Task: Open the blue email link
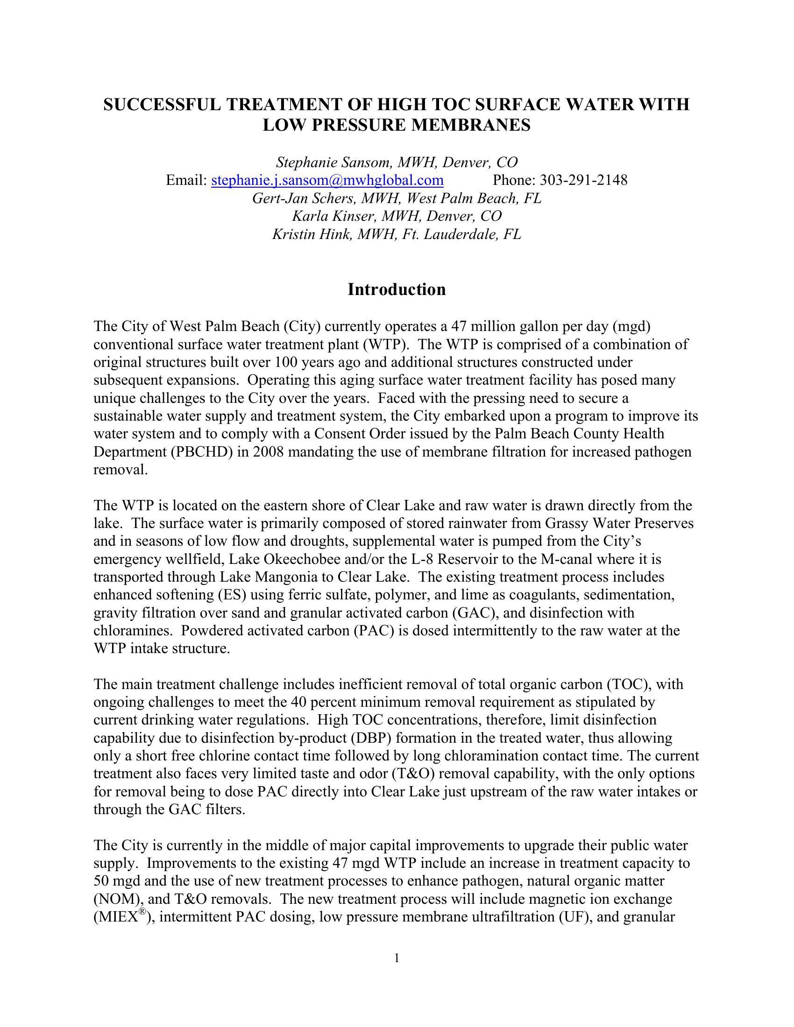[x=327, y=180]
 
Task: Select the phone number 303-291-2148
[x=583, y=180]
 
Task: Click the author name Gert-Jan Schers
[x=305, y=198]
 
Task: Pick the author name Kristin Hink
[x=312, y=234]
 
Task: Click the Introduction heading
[x=397, y=289]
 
